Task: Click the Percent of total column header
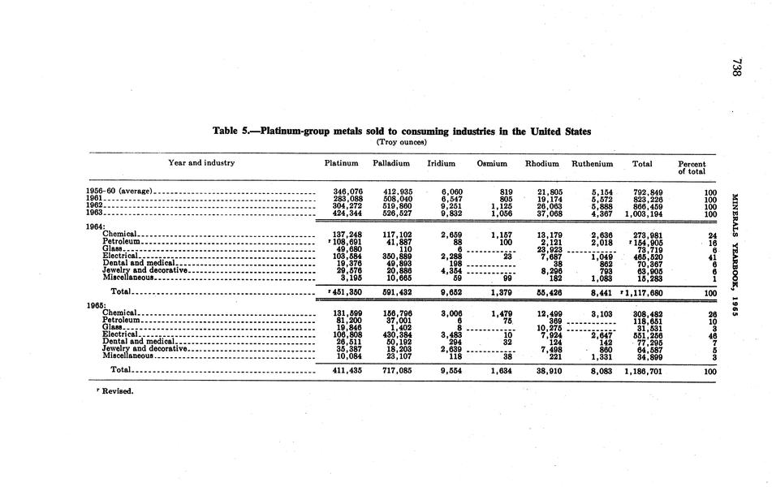692,167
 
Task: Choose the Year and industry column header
201,163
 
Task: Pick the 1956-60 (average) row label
120,192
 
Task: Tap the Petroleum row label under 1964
123,241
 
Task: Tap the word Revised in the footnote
118,390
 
